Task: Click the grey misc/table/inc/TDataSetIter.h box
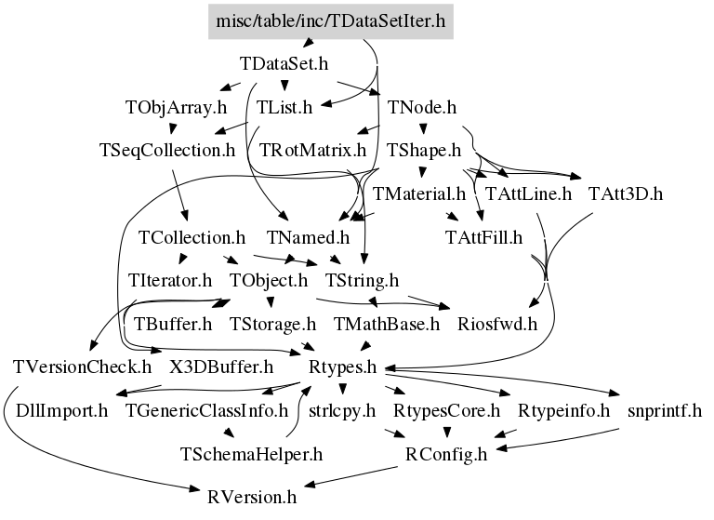329,21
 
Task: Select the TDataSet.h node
285,65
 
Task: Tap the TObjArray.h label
176,107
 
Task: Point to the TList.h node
284,107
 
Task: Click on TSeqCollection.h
167,149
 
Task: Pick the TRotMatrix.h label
312,149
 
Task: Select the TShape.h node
425,149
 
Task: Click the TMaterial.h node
418,194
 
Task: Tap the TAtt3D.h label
625,194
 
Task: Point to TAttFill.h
484,236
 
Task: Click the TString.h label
363,279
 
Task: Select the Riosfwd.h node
498,324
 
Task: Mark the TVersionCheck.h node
83,367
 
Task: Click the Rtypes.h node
343,367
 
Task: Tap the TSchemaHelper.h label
250,454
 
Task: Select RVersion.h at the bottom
252,496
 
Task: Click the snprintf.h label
664,409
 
